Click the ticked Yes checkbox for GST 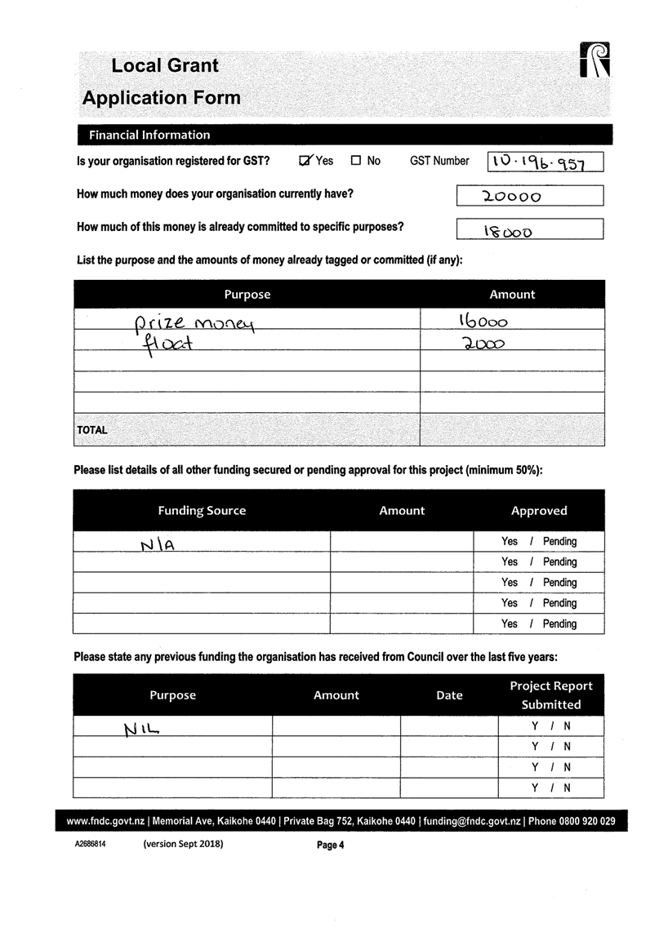tap(306, 161)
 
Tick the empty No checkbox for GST tap(356, 161)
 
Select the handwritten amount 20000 tap(511, 197)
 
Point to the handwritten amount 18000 tap(508, 232)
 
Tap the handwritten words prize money tap(194, 325)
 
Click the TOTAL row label tap(92, 429)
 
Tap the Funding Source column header tap(202, 511)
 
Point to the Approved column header tap(539, 511)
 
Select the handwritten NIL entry tap(140, 727)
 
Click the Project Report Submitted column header tap(551, 695)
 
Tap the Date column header tap(449, 695)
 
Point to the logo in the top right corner tap(597, 62)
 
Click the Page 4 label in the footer tap(331, 845)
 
